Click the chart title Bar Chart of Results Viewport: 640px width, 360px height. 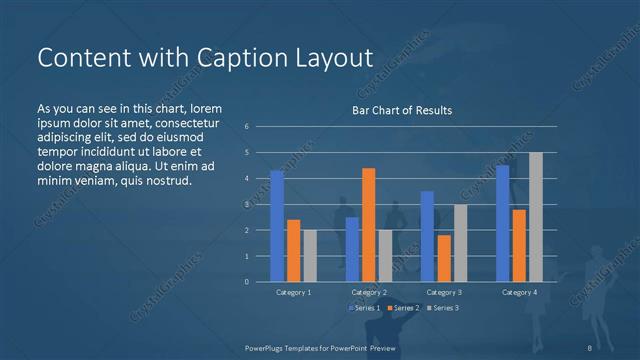(x=402, y=110)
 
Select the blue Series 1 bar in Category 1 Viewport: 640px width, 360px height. (x=277, y=226)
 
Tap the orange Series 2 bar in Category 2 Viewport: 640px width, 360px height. (x=368, y=225)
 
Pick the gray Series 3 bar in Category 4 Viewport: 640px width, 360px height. (x=536, y=217)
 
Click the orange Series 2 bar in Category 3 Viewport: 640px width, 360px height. (x=443, y=258)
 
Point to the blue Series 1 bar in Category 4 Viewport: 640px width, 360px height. (x=502, y=223)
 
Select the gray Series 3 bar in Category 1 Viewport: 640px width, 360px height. (x=310, y=256)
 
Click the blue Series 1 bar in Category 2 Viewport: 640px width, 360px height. (x=352, y=249)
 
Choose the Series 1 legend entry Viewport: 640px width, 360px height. (x=364, y=307)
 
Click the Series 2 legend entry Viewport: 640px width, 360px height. (x=403, y=307)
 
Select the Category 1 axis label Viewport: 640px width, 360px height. (x=293, y=292)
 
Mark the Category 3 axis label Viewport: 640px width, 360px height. (x=443, y=292)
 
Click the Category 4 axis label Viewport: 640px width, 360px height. (x=518, y=292)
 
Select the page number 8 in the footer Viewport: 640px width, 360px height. (x=589, y=348)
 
